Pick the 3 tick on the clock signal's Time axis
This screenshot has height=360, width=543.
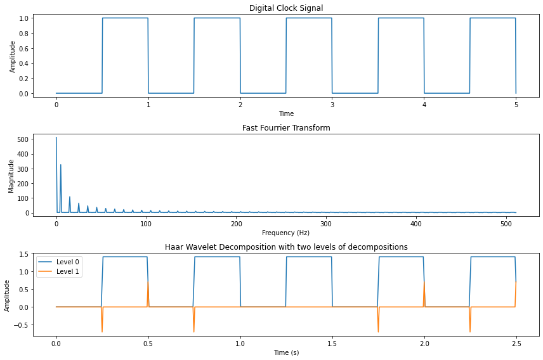pos(332,105)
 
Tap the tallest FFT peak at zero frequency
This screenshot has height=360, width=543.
pos(56,138)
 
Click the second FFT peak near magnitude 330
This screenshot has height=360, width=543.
pos(61,165)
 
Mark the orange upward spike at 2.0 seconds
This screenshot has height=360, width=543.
pos(424,283)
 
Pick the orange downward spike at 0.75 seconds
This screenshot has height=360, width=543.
pos(194,331)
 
